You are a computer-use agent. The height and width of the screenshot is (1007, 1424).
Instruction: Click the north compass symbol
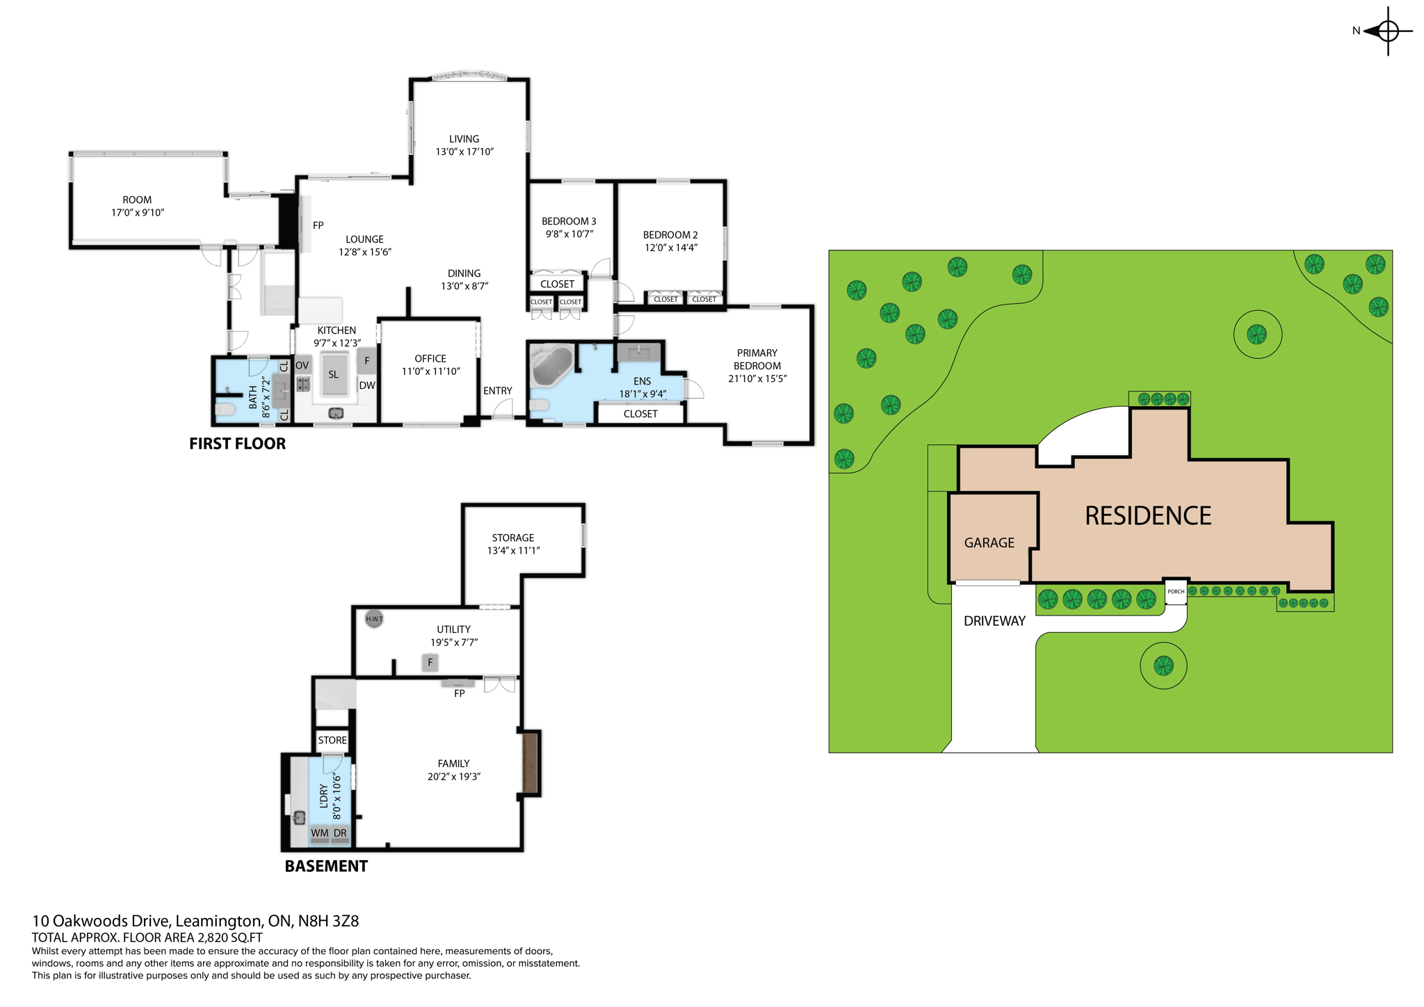coord(1387,31)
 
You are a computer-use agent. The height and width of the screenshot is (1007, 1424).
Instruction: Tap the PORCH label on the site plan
coord(1175,592)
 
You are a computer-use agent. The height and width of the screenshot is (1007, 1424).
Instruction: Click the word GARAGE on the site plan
coord(989,543)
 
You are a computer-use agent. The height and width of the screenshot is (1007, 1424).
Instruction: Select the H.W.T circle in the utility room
coord(374,619)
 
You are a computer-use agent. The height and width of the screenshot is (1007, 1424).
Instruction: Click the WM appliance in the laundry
coord(320,833)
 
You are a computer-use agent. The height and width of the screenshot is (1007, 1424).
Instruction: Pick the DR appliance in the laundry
coord(340,833)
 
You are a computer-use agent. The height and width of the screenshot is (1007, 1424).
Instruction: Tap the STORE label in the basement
coord(332,741)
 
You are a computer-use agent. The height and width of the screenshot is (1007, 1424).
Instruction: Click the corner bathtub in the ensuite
coord(551,364)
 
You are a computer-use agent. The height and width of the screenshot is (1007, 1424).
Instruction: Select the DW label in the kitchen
coord(367,385)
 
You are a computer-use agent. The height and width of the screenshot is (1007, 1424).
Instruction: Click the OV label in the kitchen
coord(302,365)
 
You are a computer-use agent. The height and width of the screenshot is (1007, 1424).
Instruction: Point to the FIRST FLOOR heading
coord(237,444)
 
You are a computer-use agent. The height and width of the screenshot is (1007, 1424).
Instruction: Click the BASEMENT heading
coord(326,867)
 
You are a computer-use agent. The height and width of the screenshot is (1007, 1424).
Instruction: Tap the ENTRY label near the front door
coord(498,391)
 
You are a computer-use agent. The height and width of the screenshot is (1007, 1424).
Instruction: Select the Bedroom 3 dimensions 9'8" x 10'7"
coord(569,234)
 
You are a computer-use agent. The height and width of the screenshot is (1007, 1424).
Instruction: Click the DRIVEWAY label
coord(994,621)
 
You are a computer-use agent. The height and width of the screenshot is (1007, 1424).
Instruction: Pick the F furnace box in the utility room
coord(430,663)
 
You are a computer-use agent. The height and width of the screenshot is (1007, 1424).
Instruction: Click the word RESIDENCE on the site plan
coord(1148,516)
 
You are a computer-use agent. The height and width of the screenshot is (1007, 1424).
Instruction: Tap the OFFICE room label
coord(430,359)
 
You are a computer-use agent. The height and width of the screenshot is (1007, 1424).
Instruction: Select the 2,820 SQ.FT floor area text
coord(229,937)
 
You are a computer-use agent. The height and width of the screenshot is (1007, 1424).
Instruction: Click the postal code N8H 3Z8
coord(328,921)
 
